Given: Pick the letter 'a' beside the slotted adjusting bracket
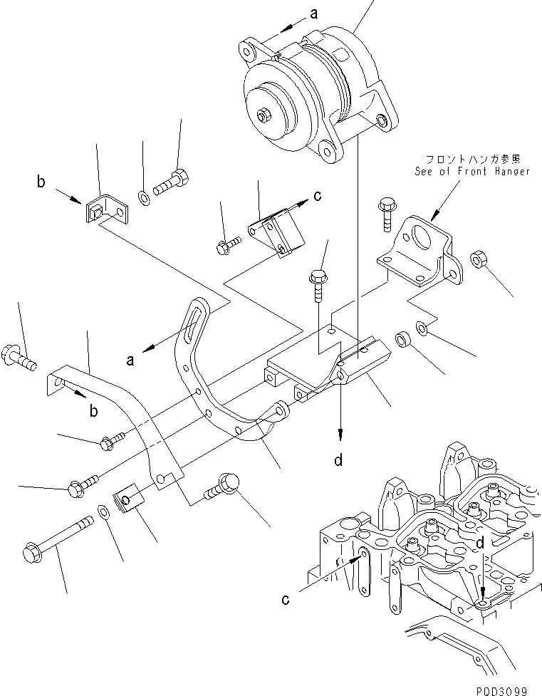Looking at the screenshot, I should click(x=131, y=360).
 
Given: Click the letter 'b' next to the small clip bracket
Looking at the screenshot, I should click(x=41, y=182).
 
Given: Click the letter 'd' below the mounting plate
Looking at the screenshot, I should click(x=340, y=461).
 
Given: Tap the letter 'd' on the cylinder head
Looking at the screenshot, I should click(x=481, y=544).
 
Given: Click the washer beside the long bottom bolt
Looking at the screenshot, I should click(x=104, y=511).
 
